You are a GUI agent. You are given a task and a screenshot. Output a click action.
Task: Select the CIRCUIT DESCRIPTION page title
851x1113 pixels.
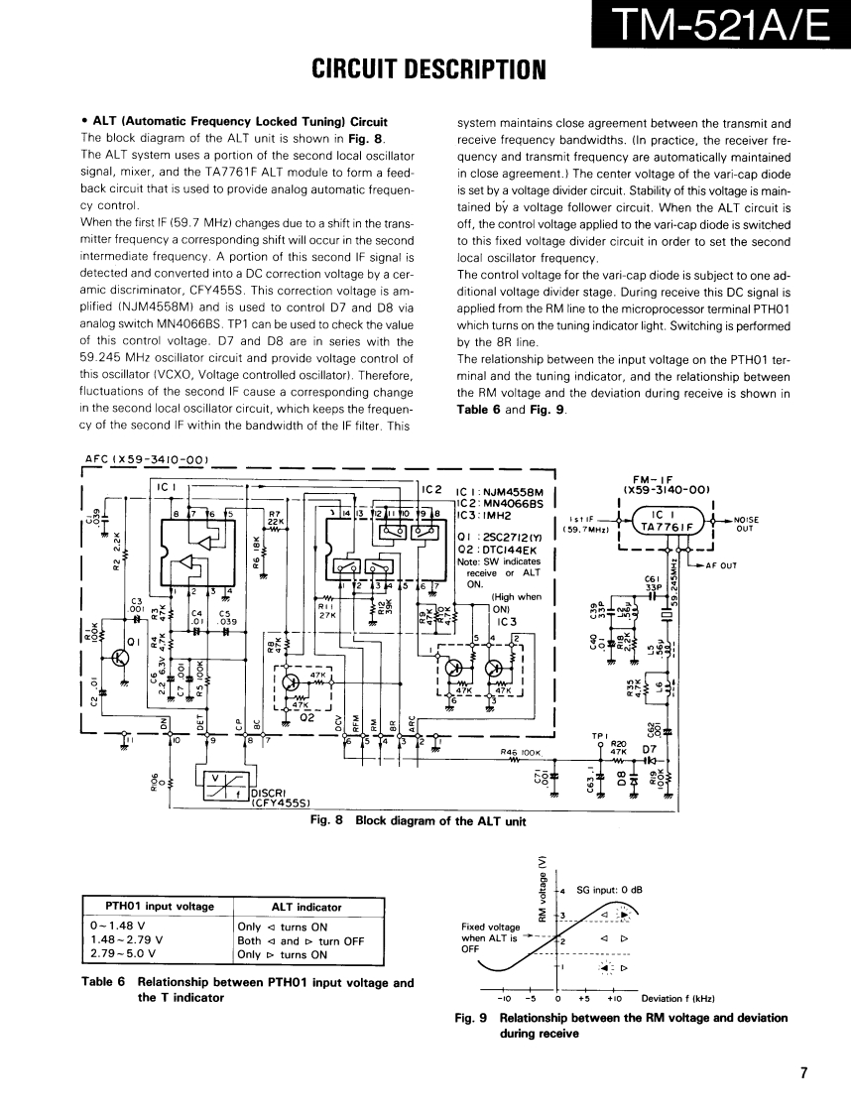point(428,69)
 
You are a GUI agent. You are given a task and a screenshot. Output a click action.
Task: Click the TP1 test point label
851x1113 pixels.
point(597,736)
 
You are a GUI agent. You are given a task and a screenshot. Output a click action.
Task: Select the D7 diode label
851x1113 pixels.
point(651,749)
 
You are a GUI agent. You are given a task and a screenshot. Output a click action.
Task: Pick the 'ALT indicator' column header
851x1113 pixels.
point(306,907)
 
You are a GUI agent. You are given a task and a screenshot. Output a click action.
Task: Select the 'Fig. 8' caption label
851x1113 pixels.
point(326,820)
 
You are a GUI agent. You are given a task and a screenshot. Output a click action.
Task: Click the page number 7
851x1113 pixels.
point(804,1072)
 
